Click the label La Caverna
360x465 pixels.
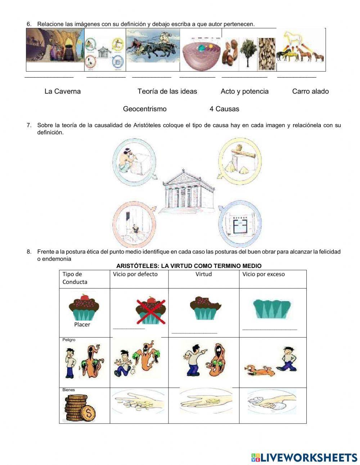[62, 91]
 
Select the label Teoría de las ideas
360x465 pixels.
[167, 91]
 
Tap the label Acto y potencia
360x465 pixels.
[244, 91]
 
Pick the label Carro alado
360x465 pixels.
[310, 91]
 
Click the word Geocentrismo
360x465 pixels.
[145, 109]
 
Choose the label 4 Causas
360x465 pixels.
[224, 109]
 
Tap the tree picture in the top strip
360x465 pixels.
[248, 53]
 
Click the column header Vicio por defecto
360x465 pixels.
[135, 274]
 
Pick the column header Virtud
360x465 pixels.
[203, 274]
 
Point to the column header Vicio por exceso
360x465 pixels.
[264, 274]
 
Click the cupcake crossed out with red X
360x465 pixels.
[151, 310]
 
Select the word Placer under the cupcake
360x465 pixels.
[82, 325]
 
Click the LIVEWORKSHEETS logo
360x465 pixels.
[304, 457]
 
